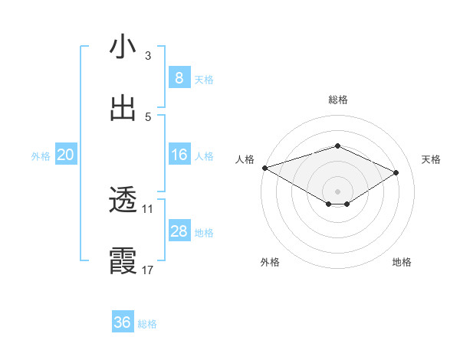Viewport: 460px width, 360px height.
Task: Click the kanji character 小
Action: tap(123, 47)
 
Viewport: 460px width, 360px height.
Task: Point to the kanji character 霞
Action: tap(123, 261)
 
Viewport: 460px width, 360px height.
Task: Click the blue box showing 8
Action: tap(179, 77)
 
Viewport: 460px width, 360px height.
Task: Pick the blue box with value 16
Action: tap(179, 155)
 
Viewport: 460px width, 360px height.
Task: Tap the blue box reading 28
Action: tap(179, 231)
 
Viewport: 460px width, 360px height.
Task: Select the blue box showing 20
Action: tap(65, 155)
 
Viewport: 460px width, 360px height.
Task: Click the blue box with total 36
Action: tap(122, 322)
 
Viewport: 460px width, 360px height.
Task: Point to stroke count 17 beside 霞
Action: tap(147, 270)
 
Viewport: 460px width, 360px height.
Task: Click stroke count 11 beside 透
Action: tap(147, 208)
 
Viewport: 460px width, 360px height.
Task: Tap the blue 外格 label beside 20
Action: tap(41, 156)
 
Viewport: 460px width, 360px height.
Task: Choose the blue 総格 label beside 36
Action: tap(147, 324)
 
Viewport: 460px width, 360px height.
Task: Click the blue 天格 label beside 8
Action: tap(204, 79)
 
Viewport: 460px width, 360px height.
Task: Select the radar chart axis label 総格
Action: tap(337, 100)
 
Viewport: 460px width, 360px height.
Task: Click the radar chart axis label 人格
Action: tap(245, 159)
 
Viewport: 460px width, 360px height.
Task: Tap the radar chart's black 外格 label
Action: tap(270, 262)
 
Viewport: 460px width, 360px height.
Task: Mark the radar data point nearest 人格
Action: tap(264, 168)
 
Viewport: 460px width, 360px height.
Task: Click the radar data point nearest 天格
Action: tap(396, 172)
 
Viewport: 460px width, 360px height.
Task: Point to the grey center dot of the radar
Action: tap(337, 191)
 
